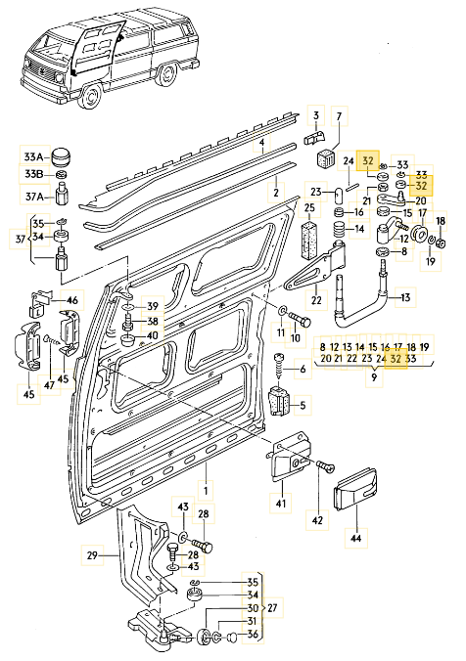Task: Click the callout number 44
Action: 356,539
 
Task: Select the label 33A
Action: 33,156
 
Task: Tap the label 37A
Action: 35,196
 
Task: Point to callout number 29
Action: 92,555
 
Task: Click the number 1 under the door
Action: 206,491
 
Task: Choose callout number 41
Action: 281,503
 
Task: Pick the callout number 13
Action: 405,297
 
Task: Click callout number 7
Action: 340,115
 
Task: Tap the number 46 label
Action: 72,300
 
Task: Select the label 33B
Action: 33,174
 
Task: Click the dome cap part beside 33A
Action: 61,157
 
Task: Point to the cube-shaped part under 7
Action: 325,160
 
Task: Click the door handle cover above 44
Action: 355,490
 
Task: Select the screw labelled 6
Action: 279,366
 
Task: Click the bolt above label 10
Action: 300,320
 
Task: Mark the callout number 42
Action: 317,520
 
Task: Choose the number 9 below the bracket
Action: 374,377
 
